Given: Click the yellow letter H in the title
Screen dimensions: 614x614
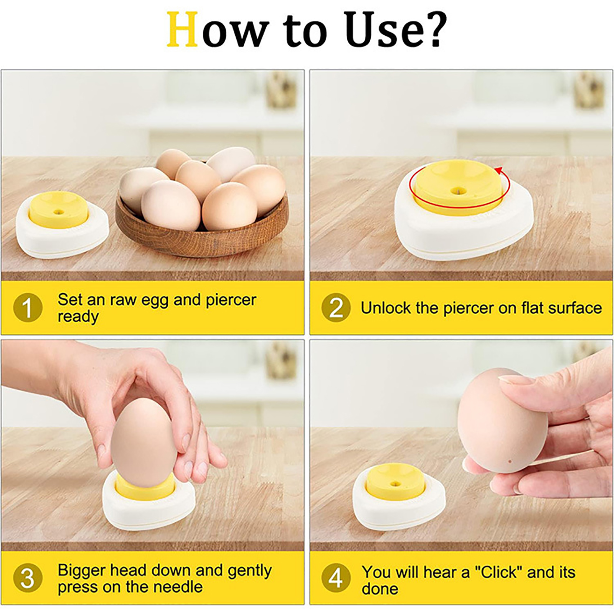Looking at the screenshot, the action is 183,30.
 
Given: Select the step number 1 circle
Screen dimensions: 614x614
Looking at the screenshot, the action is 28,308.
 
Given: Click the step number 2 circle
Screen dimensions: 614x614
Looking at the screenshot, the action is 336,308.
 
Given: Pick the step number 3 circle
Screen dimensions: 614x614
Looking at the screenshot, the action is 28,578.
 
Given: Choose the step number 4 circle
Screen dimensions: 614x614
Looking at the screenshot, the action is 336,578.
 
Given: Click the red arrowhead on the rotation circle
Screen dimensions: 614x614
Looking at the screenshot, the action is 499,170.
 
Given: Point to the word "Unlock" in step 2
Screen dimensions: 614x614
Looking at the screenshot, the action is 386,308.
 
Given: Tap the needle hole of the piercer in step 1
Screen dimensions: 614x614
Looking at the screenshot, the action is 59,211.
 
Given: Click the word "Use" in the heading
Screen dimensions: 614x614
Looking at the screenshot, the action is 381,30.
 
